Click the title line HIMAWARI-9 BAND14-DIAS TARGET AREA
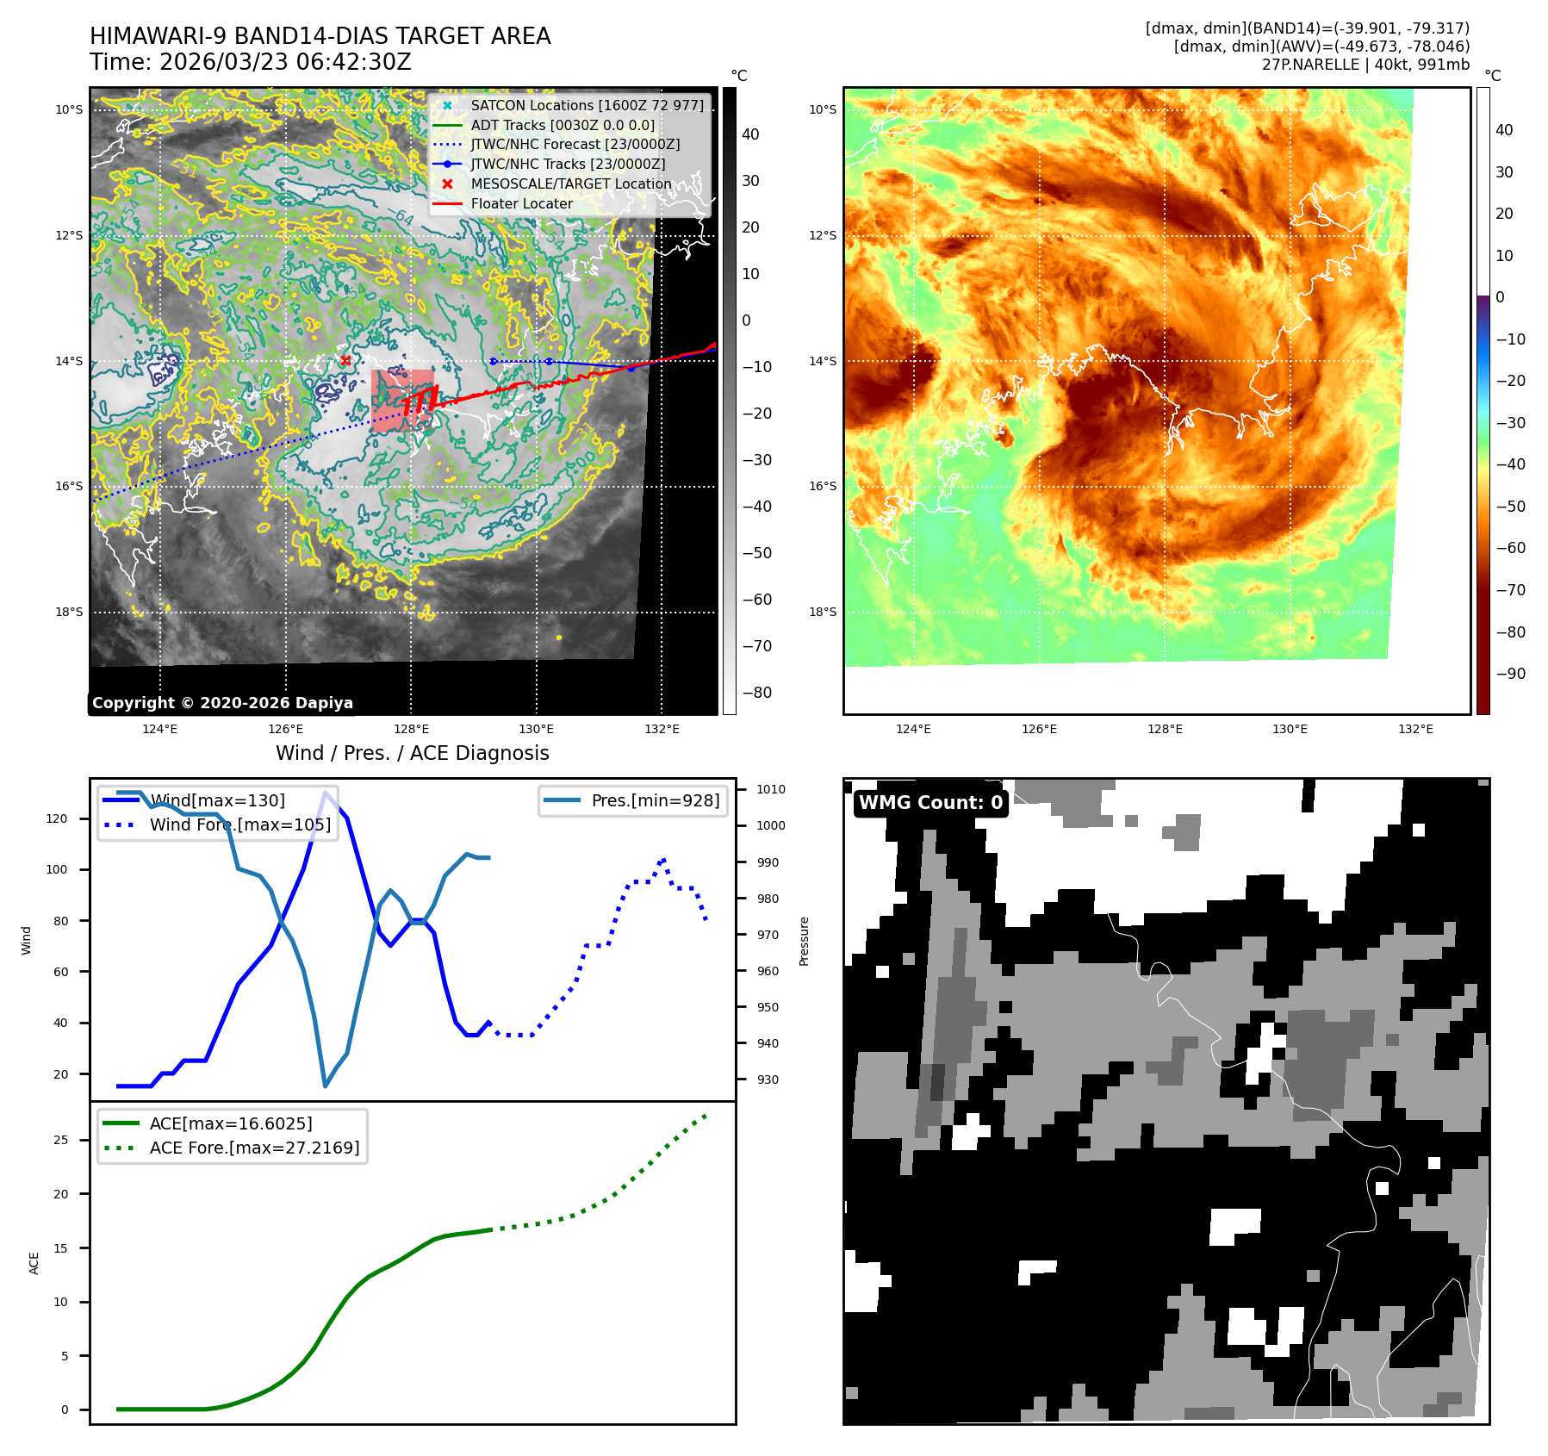coord(320,36)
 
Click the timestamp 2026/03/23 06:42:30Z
coord(285,63)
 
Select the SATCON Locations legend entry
coord(587,105)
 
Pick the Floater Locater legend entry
coord(521,203)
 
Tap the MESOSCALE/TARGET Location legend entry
coord(570,184)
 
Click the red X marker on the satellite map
coord(345,360)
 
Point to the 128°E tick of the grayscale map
coord(411,729)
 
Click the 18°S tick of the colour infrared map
coord(822,612)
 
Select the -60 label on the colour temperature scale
coord(1510,548)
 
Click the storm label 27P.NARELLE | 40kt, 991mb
coord(1365,65)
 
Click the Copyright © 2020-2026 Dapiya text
coord(222,703)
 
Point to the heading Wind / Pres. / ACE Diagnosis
coord(412,753)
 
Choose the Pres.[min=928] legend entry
coord(655,800)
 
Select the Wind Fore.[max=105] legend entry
coord(239,824)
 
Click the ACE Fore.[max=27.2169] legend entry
coord(254,1148)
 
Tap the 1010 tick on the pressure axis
coord(770,789)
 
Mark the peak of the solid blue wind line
coord(325,793)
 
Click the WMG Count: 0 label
coord(930,803)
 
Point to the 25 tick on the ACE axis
coord(60,1140)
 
